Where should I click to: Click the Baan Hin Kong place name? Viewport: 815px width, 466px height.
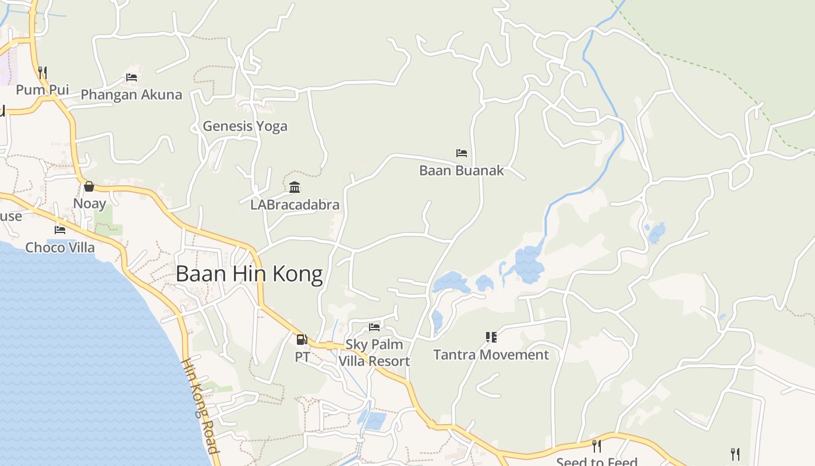click(x=249, y=274)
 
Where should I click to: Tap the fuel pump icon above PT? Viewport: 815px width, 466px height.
click(x=302, y=340)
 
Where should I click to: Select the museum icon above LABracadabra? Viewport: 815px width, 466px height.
click(x=295, y=188)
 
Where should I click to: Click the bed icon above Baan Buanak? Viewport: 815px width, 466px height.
click(x=462, y=153)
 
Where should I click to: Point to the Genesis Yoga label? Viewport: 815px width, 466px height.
click(x=245, y=126)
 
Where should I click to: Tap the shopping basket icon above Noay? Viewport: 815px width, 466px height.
click(x=89, y=186)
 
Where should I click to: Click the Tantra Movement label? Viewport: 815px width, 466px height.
click(x=491, y=355)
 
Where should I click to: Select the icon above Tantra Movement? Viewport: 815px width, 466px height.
click(x=491, y=337)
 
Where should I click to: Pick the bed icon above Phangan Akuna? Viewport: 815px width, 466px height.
click(x=132, y=77)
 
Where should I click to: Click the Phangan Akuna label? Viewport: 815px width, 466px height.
click(x=132, y=94)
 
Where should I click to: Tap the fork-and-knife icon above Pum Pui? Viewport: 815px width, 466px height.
click(x=42, y=72)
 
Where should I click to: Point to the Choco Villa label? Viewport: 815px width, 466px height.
click(x=60, y=247)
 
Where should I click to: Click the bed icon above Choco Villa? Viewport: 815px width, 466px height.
click(x=60, y=230)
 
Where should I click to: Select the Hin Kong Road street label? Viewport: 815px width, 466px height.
click(x=201, y=405)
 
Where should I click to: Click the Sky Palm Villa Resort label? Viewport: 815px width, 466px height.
click(x=374, y=352)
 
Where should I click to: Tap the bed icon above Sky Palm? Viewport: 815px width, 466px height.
click(x=374, y=327)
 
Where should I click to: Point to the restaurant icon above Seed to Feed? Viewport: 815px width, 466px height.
click(x=597, y=446)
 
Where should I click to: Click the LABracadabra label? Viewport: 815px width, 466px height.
click(x=295, y=205)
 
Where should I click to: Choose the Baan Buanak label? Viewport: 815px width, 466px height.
click(x=462, y=171)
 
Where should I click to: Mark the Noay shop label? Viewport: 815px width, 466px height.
click(x=89, y=204)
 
